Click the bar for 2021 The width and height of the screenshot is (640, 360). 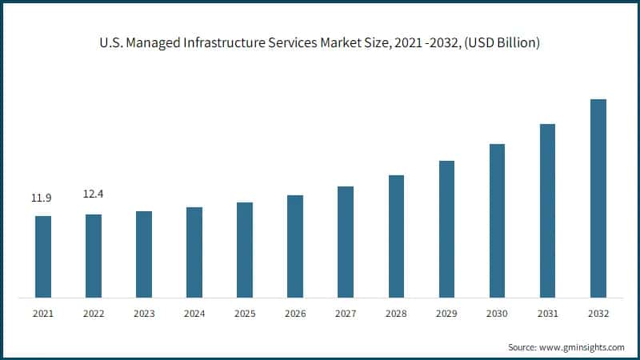(x=43, y=257)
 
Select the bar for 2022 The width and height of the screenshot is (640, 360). (x=94, y=256)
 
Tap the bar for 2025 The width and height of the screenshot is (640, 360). (x=245, y=250)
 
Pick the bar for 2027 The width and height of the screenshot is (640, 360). (x=346, y=242)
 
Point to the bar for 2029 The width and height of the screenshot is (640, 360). (x=446, y=229)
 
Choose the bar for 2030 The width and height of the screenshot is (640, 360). (x=497, y=221)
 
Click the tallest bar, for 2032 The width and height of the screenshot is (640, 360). (x=598, y=198)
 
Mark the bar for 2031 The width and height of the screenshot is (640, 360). (x=547, y=210)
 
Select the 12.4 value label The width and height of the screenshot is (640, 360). (x=94, y=194)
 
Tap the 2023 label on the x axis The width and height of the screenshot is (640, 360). (x=144, y=314)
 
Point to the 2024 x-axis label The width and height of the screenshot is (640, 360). (x=194, y=314)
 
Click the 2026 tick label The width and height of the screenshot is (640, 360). (x=295, y=314)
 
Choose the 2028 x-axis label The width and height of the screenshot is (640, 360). (x=396, y=314)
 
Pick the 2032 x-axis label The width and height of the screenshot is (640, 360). (x=598, y=314)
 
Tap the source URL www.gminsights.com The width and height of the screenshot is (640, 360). (x=583, y=347)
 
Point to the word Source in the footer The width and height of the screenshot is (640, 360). (x=523, y=347)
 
